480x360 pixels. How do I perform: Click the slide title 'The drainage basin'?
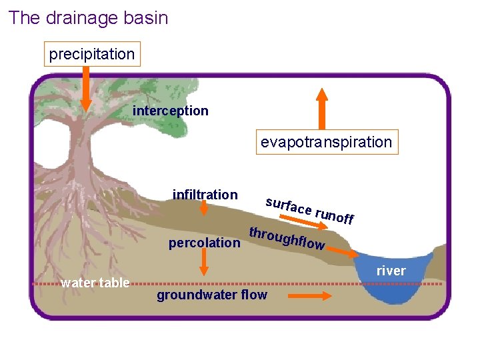coord(88,18)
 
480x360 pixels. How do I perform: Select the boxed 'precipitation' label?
coord(92,53)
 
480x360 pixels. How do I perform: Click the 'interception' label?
coord(171,111)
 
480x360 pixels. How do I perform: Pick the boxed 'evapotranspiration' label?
coord(326,142)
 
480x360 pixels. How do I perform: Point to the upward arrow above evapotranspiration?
coord(321,109)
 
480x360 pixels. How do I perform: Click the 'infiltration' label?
coord(205,195)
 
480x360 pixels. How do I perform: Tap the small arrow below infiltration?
coord(204,209)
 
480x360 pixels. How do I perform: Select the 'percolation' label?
coord(204,243)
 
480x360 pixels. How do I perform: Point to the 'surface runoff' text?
coord(309,210)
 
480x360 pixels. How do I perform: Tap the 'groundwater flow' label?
coord(211,295)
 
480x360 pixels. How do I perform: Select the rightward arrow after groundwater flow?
coord(309,295)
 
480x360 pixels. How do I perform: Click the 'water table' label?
coord(95,283)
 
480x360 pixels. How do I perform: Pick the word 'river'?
coord(391,271)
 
